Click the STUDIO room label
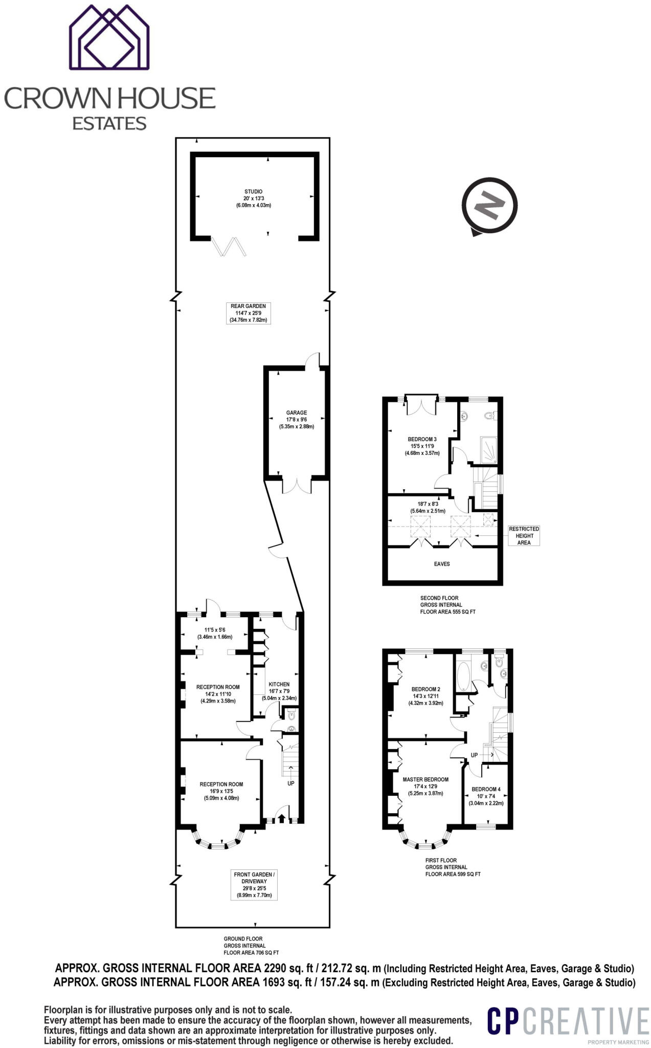[x=253, y=191]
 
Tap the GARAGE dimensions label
[x=296, y=423]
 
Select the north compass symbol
[x=489, y=206]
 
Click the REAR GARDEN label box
[x=248, y=313]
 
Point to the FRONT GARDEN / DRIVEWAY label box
[x=254, y=885]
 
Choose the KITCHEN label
[x=279, y=684]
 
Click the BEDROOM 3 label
[x=422, y=439]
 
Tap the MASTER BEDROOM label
[x=425, y=779]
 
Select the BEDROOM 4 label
[x=486, y=789]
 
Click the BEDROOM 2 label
[x=425, y=689]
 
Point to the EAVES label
[x=442, y=564]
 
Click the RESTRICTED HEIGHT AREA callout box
[x=524, y=535]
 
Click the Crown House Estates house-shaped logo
[x=109, y=37]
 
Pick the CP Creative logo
[x=567, y=1021]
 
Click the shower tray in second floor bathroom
[x=488, y=449]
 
